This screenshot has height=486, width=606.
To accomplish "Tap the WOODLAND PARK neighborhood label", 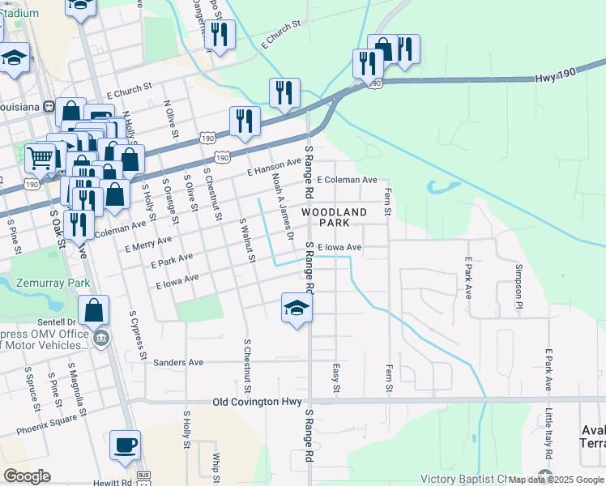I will [x=335, y=217].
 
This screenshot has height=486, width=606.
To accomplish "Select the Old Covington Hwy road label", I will [x=257, y=402].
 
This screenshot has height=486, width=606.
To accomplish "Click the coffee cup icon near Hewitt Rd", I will [x=125, y=445].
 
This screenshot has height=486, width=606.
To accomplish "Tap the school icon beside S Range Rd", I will [x=297, y=308].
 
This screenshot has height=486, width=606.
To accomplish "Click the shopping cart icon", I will [x=41, y=157].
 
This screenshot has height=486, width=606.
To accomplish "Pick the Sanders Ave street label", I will [x=178, y=363].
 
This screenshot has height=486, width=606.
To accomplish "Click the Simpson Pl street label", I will [x=519, y=279].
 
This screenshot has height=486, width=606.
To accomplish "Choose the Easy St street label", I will [x=336, y=379].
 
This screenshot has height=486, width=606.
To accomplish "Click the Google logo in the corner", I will [x=28, y=476].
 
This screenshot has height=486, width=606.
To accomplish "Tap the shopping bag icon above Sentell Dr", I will [x=94, y=309].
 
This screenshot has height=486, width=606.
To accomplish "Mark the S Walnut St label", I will [x=247, y=241].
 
